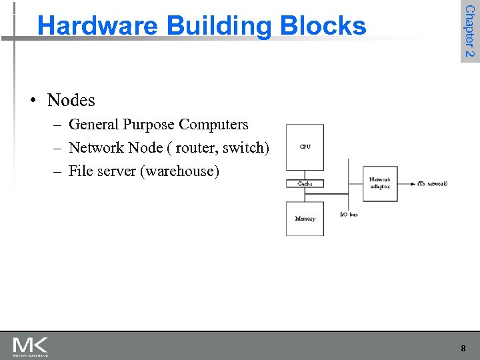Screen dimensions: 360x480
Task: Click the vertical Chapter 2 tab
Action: [x=469, y=31]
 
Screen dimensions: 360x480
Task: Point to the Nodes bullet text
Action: [x=71, y=100]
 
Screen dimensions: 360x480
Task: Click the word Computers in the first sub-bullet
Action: [x=213, y=125]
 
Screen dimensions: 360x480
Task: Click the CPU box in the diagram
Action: [x=305, y=147]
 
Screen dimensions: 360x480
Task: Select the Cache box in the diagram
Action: [x=305, y=183]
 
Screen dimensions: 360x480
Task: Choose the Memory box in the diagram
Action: [x=305, y=219]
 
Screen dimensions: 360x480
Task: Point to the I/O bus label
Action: [x=349, y=215]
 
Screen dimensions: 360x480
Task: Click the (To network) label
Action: [x=433, y=183]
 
